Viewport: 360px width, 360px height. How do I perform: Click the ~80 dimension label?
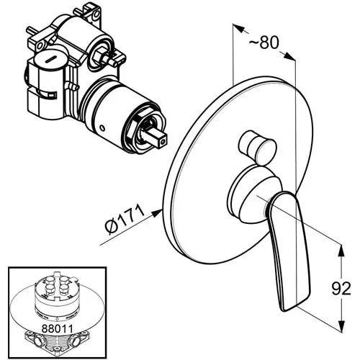(264, 42)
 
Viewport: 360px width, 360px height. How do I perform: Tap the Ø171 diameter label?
(125, 218)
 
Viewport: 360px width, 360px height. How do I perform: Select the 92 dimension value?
(341, 288)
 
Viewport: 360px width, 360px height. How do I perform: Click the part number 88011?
(57, 328)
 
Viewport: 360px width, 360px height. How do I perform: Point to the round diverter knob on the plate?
(258, 148)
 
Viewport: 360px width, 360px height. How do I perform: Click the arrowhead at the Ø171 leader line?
(157, 212)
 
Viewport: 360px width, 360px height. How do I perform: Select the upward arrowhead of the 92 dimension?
(341, 251)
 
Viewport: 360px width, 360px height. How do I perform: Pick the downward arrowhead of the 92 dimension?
(341, 325)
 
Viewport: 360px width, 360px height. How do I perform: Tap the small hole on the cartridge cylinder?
(102, 127)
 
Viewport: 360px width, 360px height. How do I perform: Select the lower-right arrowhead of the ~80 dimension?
(289, 56)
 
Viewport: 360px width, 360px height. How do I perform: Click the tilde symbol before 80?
(254, 43)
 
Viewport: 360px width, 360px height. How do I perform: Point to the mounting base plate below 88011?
(57, 343)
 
